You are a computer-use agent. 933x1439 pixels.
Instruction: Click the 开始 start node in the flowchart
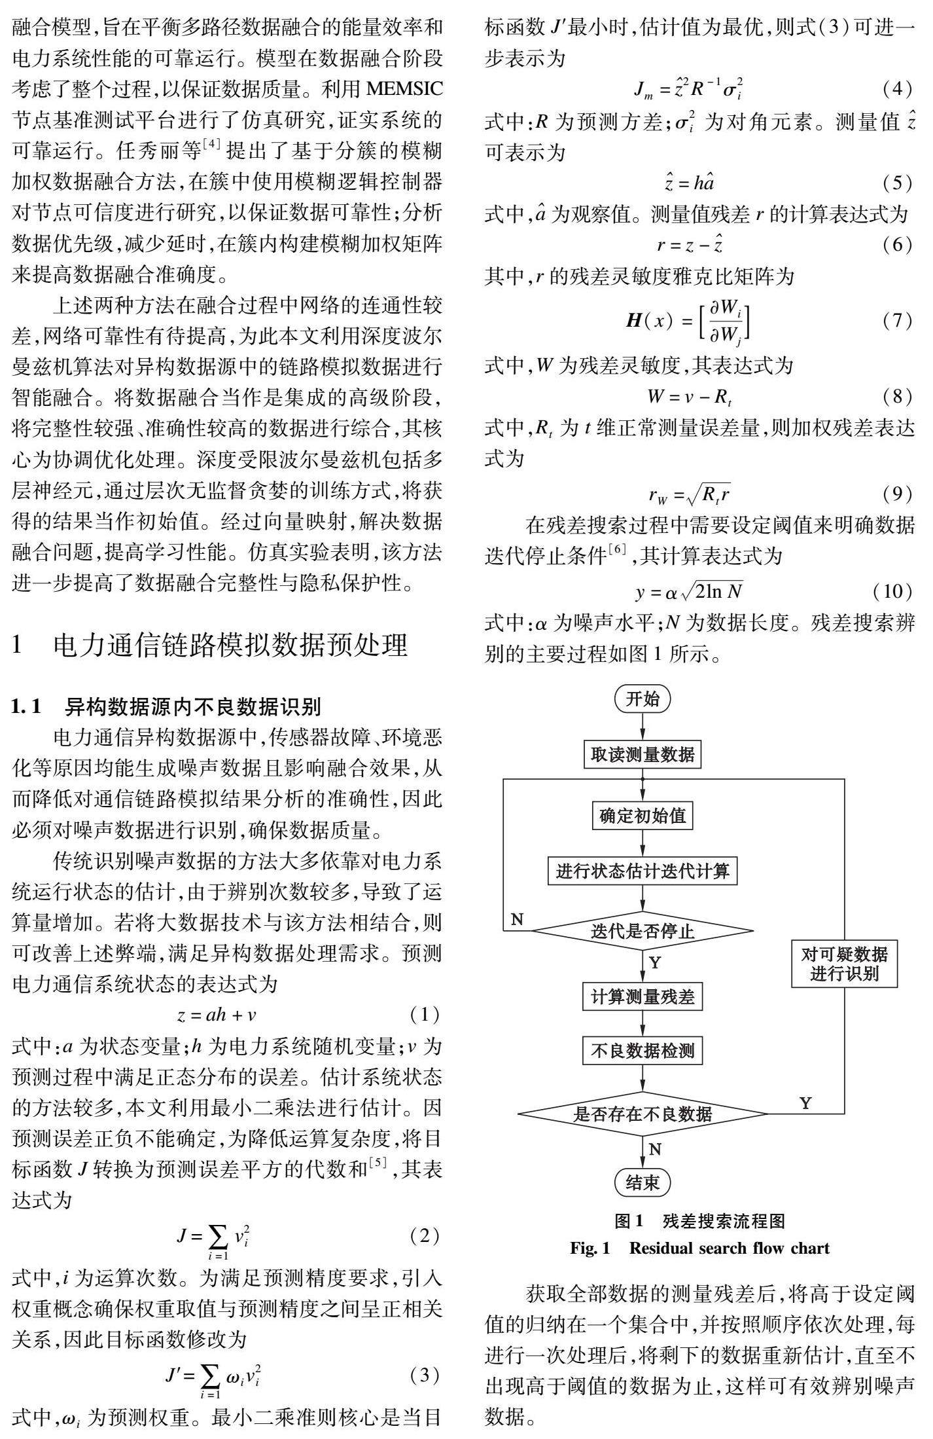(x=642, y=699)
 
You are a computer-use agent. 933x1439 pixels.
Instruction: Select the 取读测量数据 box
(x=642, y=754)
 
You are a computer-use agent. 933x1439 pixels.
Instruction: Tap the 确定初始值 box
(x=642, y=816)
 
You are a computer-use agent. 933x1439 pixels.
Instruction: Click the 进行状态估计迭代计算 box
(x=642, y=871)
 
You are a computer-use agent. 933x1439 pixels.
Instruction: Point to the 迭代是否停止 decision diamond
(x=642, y=930)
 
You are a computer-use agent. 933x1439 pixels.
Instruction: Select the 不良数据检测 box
(x=642, y=1051)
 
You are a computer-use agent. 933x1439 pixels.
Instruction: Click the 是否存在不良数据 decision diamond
(x=642, y=1113)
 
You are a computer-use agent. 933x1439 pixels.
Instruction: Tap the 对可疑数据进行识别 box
(x=844, y=964)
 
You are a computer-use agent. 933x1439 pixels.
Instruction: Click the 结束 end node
(x=642, y=1182)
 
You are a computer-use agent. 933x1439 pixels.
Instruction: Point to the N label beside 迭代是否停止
(x=517, y=919)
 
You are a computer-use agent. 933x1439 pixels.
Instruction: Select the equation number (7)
(x=896, y=321)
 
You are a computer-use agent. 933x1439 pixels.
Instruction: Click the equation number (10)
(x=892, y=591)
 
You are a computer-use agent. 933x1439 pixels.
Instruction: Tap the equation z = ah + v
(x=217, y=1015)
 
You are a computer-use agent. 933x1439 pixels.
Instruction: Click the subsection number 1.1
(x=27, y=706)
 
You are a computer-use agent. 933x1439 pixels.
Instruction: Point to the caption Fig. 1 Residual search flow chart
(x=699, y=1248)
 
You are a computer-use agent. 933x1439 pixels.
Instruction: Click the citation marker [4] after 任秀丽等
(x=213, y=146)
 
